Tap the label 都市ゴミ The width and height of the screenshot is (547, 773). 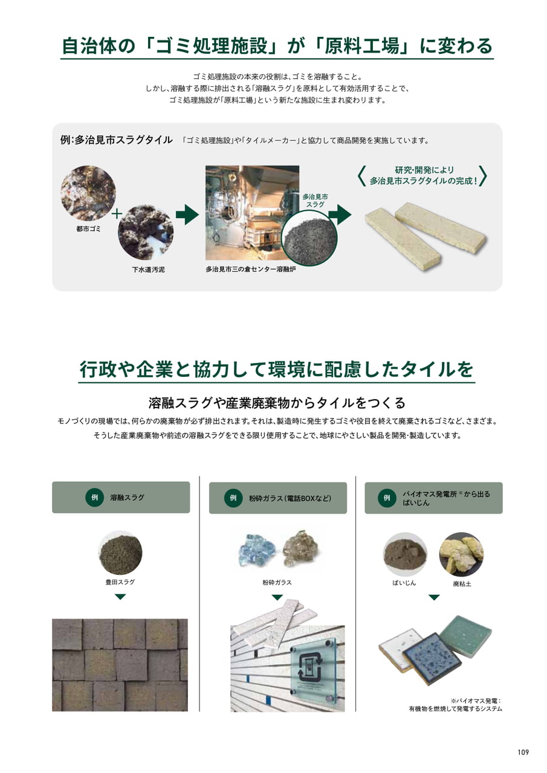tap(88, 229)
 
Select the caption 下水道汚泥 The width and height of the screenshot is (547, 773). tap(148, 269)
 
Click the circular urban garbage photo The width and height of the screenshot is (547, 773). tap(88, 193)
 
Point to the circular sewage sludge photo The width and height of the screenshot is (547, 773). tap(146, 233)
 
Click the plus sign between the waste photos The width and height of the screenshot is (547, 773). tap(117, 214)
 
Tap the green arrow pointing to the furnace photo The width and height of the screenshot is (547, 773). tap(187, 214)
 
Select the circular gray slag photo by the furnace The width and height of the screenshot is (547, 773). tap(309, 239)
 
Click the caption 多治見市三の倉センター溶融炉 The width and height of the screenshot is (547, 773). tap(251, 269)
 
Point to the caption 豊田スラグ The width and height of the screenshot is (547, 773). tap(120, 582)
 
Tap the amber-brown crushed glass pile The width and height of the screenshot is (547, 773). tap(300, 549)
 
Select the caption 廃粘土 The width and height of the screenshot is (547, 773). tap(462, 584)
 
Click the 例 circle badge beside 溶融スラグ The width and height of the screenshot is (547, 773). tap(95, 497)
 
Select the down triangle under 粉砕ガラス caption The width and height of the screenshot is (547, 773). tap(277, 597)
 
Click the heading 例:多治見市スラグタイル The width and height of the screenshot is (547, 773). tap(117, 140)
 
